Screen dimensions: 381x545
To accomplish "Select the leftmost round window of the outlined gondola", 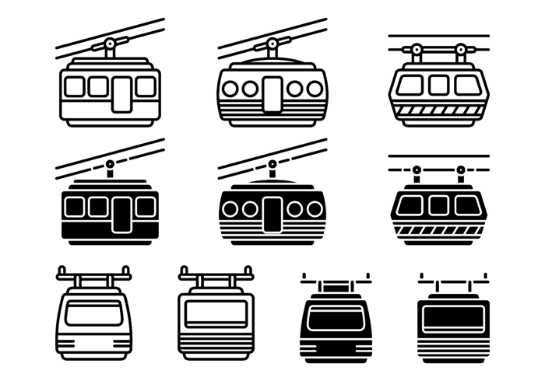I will point(232,88).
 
